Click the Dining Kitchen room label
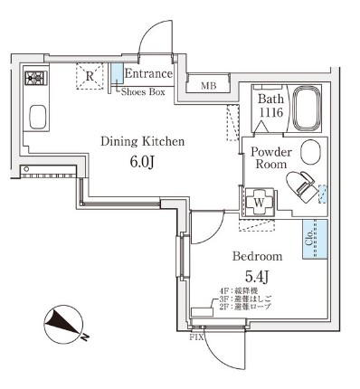click(142, 141)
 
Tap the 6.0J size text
click(142, 164)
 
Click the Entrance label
click(148, 73)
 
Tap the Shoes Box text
click(144, 90)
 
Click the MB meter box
click(208, 87)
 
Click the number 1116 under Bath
click(270, 112)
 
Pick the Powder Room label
click(270, 158)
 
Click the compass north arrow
click(62, 322)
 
